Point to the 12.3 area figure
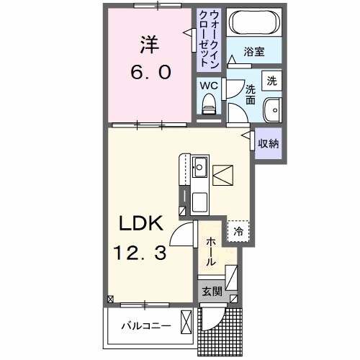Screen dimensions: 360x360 (142, 254)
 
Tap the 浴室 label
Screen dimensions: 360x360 (253, 53)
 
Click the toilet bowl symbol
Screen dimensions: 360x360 (209, 105)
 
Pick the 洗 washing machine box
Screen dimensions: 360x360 (271, 81)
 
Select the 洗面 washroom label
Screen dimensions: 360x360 (250, 94)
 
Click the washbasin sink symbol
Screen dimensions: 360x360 (271, 111)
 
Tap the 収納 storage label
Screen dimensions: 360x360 (268, 143)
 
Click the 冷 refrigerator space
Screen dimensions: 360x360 (238, 231)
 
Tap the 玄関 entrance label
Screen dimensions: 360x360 (211, 292)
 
